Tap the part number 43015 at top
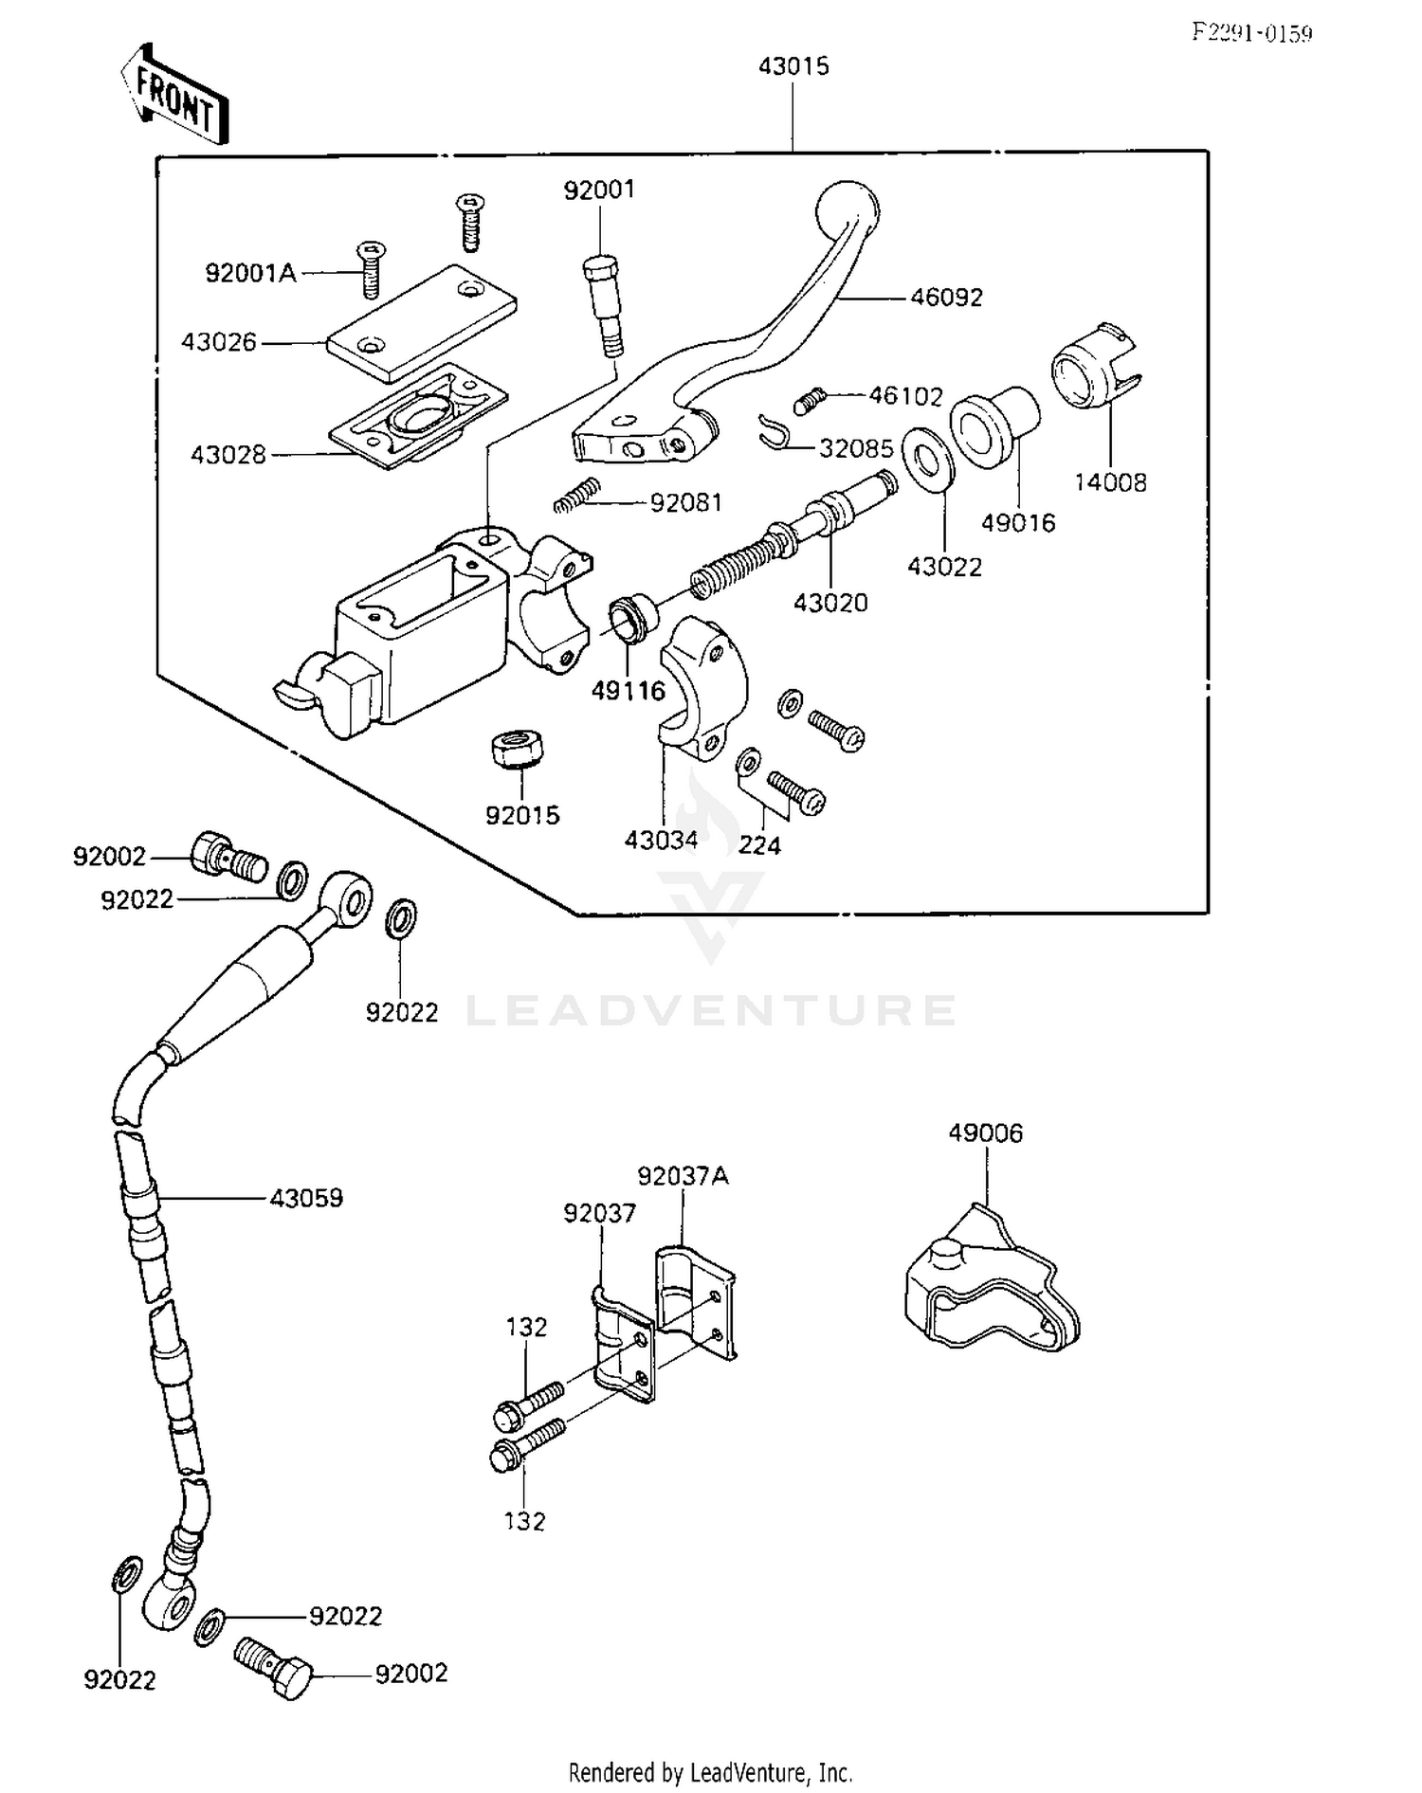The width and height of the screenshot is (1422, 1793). (793, 66)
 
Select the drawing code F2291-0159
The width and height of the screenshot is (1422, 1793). (1251, 34)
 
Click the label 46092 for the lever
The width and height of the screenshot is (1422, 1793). (946, 298)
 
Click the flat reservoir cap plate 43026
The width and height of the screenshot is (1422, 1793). (422, 323)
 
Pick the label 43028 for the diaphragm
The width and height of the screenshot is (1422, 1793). (228, 455)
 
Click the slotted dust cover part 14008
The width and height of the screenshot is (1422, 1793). (1095, 369)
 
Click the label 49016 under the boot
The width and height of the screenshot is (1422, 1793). (1018, 523)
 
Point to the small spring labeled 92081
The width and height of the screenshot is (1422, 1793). (576, 495)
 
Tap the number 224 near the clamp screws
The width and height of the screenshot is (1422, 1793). (759, 844)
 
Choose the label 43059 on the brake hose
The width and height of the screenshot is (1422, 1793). (306, 1198)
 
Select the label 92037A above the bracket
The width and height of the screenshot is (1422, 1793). (683, 1176)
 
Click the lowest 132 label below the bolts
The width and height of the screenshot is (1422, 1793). (524, 1522)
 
